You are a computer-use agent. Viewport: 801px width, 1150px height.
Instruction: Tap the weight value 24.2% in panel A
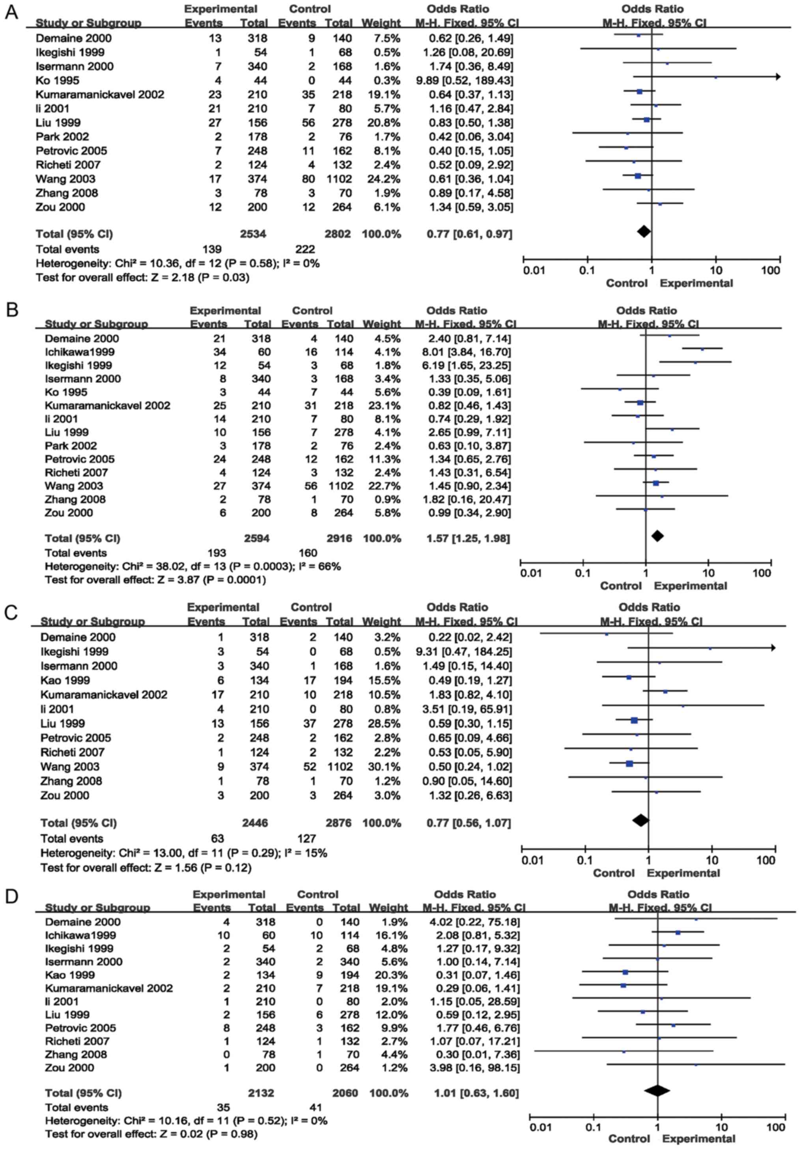point(381,179)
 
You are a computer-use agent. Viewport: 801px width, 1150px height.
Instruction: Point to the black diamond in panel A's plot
point(644,231)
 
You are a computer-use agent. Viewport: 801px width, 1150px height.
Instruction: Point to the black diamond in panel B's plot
point(657,536)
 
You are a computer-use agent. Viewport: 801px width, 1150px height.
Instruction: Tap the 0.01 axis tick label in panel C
point(532,861)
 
